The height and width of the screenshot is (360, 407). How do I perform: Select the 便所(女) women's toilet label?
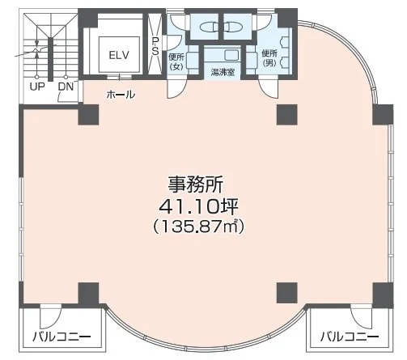[x=176, y=61]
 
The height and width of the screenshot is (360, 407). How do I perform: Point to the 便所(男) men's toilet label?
[x=269, y=58]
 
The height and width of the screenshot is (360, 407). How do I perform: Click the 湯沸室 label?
[x=223, y=72]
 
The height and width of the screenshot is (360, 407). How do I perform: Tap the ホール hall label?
[x=121, y=95]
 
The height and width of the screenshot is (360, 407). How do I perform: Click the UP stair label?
[x=37, y=84]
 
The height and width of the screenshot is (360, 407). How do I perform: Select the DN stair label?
[x=65, y=84]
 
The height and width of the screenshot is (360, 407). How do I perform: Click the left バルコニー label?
[x=62, y=336]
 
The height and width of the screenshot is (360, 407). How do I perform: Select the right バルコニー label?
[x=350, y=336]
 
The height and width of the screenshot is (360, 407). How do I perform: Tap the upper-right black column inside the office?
[x=285, y=114]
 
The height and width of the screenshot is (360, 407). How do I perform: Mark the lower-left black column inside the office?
[x=87, y=292]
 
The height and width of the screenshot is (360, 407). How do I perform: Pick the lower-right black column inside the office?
[x=285, y=292]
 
